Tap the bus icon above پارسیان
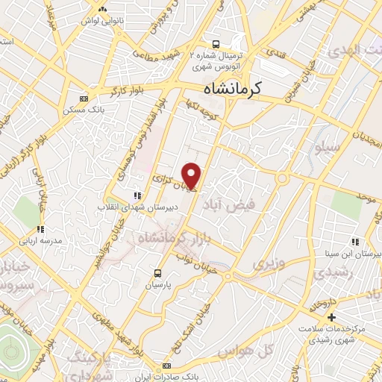(x=157, y=273)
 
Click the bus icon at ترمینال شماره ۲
(x=216, y=43)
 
